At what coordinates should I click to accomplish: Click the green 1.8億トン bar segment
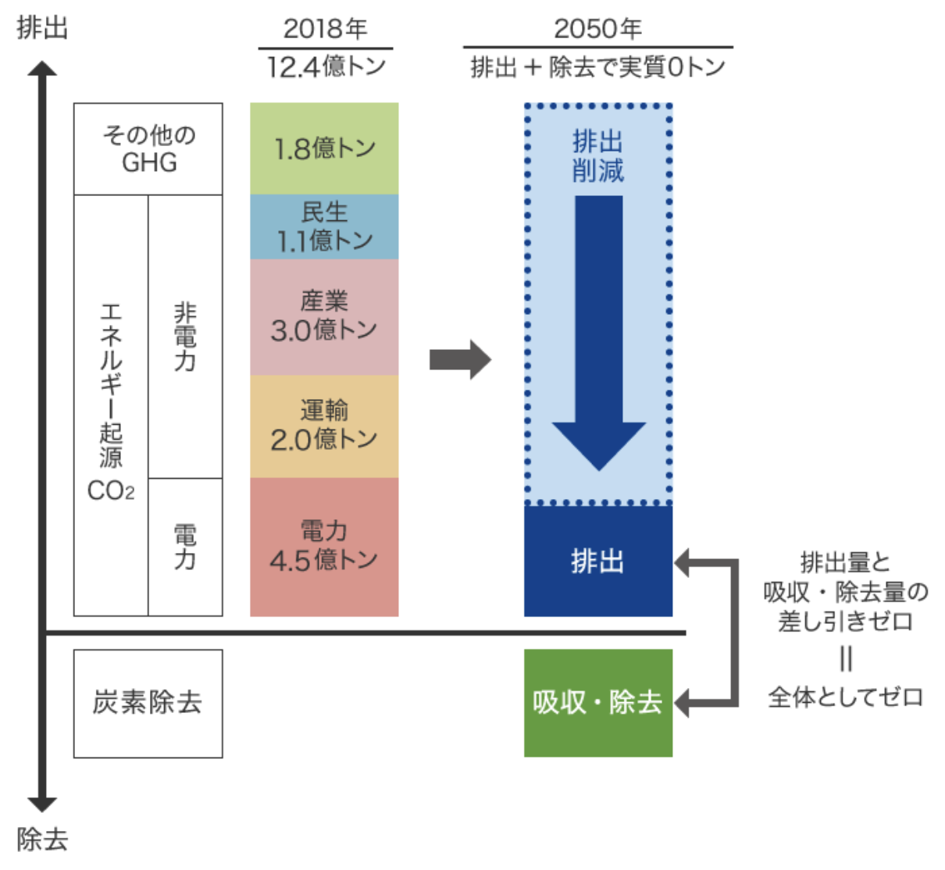pyautogui.click(x=324, y=148)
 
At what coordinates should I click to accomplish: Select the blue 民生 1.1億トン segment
pyautogui.click(x=324, y=226)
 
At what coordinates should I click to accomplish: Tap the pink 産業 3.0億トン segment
pyautogui.click(x=324, y=317)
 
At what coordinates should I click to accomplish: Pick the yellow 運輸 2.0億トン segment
pyautogui.click(x=324, y=426)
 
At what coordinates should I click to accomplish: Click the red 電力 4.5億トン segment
pyautogui.click(x=324, y=547)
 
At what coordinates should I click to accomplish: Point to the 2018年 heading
pyautogui.click(x=325, y=29)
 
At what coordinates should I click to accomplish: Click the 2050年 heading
pyautogui.click(x=597, y=29)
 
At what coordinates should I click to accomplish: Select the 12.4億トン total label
pyautogui.click(x=326, y=66)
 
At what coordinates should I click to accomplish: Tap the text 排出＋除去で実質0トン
pyautogui.click(x=597, y=66)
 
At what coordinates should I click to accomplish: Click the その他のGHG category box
pyautogui.click(x=148, y=149)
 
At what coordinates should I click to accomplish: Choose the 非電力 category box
pyautogui.click(x=185, y=337)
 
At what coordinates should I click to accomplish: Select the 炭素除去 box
pyautogui.click(x=148, y=704)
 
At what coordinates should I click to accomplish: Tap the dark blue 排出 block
pyautogui.click(x=598, y=561)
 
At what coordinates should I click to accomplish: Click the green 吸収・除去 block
pyautogui.click(x=598, y=703)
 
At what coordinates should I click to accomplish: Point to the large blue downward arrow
pyautogui.click(x=599, y=333)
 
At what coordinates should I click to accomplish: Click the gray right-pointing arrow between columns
pyautogui.click(x=460, y=359)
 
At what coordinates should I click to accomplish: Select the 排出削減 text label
pyautogui.click(x=598, y=156)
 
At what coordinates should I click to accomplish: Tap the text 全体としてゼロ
pyautogui.click(x=846, y=697)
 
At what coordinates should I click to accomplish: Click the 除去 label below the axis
pyautogui.click(x=42, y=840)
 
